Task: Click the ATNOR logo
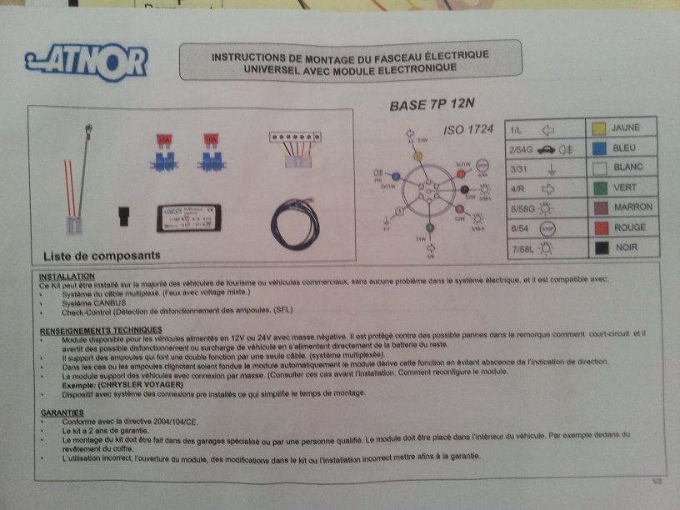pyautogui.click(x=86, y=62)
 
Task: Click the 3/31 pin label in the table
pyautogui.click(x=519, y=169)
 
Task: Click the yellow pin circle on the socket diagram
pyautogui.click(x=419, y=156)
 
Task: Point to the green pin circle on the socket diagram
pyautogui.click(x=431, y=227)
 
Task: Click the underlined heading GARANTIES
pyautogui.click(x=62, y=412)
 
